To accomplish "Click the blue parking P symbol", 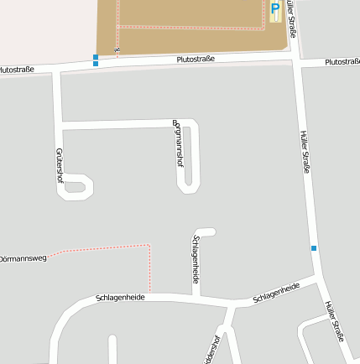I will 275,12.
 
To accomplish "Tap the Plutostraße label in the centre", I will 196,60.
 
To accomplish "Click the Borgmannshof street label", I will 179,142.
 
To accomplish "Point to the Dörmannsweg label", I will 23,258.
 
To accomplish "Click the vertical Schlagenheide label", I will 196,257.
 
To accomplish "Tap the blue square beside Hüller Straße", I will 314,247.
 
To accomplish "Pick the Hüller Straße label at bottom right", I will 334,321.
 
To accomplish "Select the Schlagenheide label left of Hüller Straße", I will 276,293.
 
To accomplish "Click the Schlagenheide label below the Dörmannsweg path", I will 121,297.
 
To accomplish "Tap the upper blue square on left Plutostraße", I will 96,57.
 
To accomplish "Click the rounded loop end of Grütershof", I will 77,188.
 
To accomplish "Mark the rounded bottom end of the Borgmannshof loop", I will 187,186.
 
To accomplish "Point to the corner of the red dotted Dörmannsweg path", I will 149,246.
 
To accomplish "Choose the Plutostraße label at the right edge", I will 342,62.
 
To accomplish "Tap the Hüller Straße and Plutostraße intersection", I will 296,61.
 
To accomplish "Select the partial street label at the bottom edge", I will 212,351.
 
